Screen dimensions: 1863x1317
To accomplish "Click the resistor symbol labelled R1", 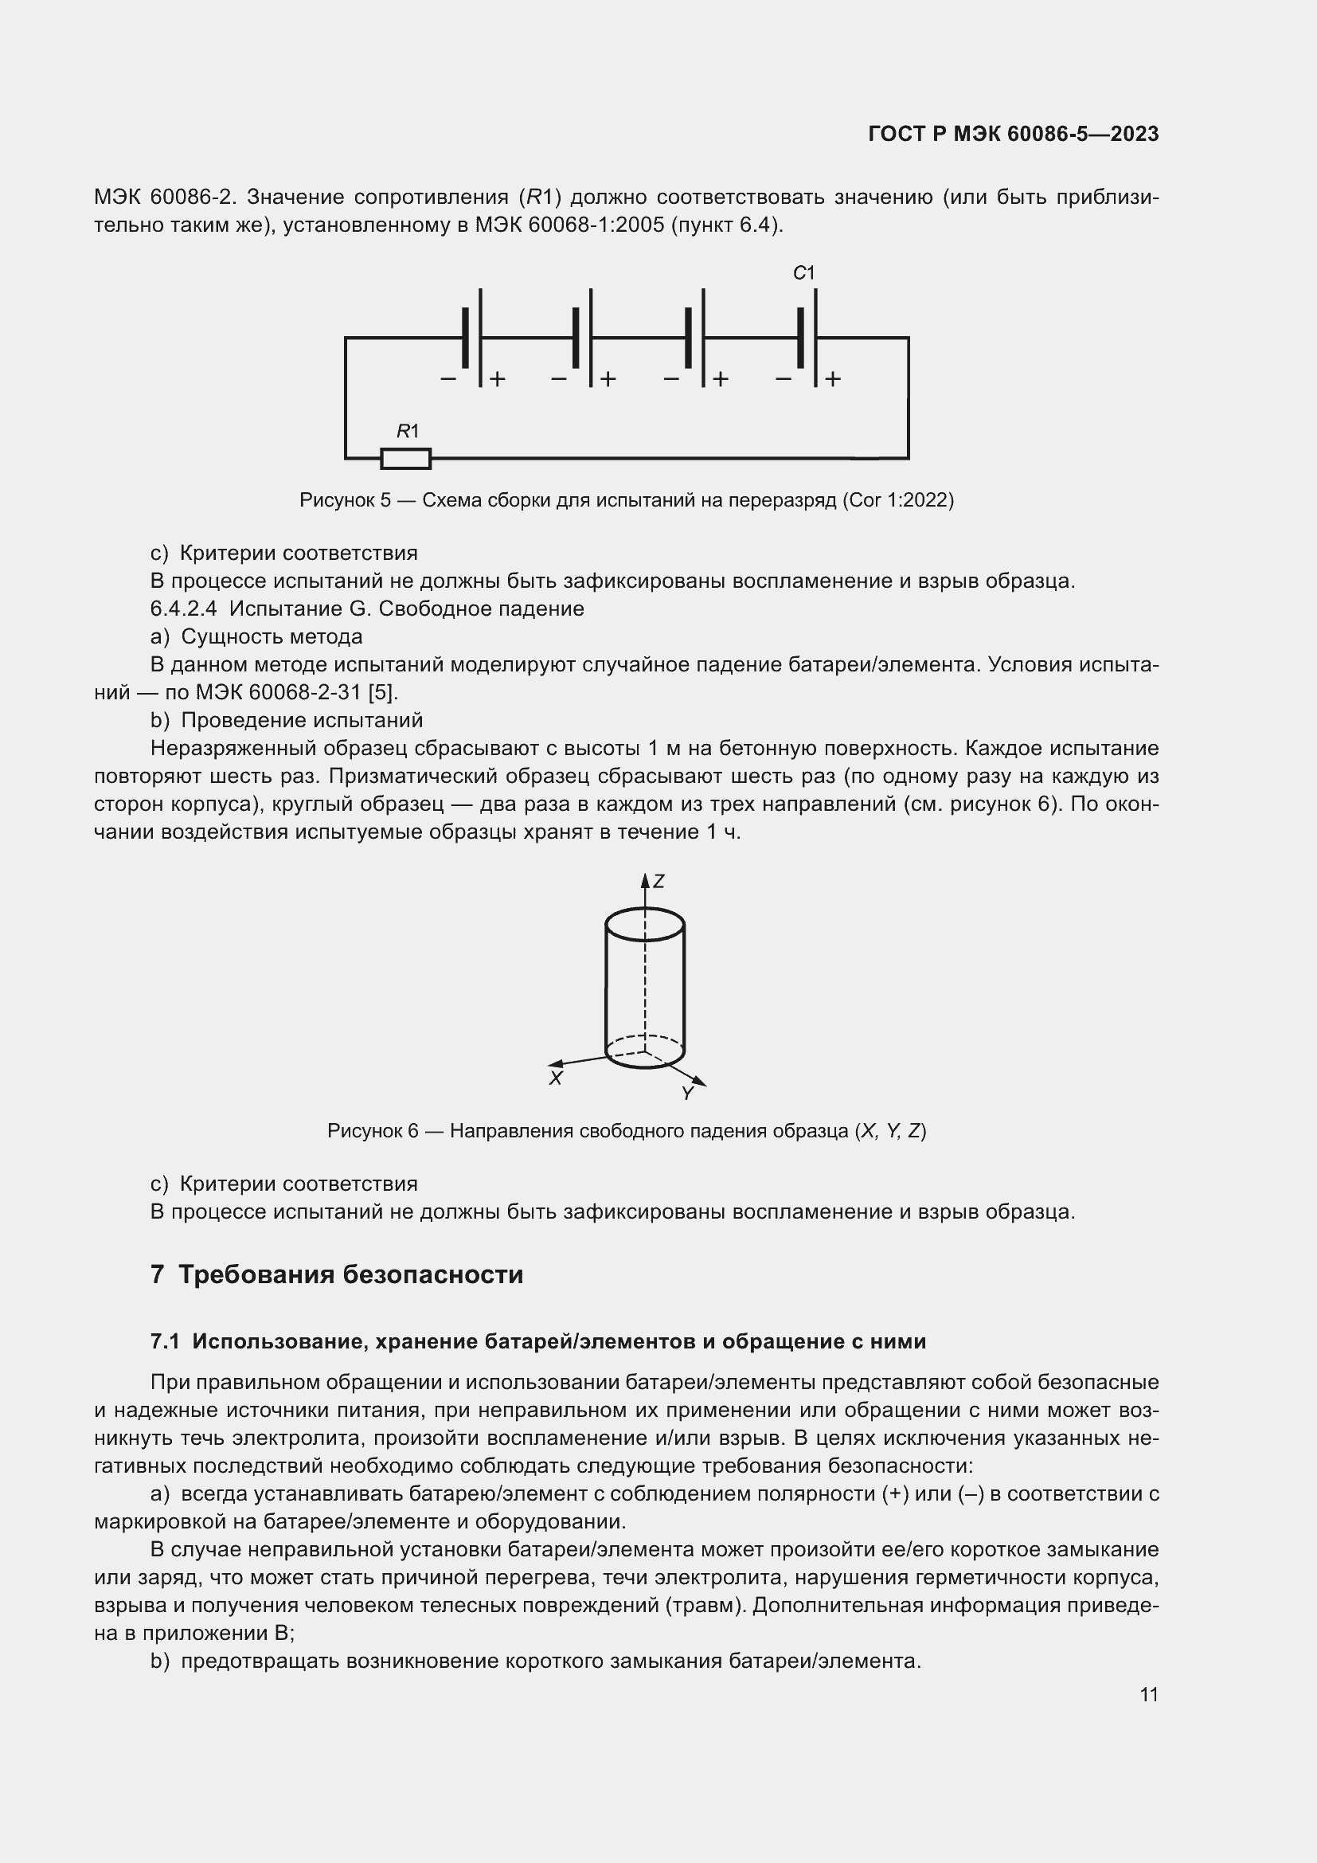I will click(x=405, y=459).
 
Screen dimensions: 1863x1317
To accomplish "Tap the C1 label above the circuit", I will click(x=803, y=273).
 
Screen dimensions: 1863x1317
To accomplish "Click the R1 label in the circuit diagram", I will click(x=407, y=432).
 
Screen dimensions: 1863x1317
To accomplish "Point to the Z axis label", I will click(x=658, y=881).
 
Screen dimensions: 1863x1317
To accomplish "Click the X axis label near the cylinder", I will click(x=556, y=1078).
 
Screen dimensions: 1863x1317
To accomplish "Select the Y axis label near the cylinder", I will click(x=688, y=1094).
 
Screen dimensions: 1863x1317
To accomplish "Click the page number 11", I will click(x=1148, y=1695).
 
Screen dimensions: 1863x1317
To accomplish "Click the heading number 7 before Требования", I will click(x=158, y=1274).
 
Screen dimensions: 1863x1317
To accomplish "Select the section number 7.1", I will click(x=165, y=1342).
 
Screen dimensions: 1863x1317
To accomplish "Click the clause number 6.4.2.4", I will click(x=183, y=609).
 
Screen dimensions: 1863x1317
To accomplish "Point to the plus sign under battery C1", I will click(x=833, y=379).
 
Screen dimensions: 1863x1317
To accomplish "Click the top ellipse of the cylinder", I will click(x=645, y=924).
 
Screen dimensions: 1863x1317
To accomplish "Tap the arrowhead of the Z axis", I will click(x=645, y=879).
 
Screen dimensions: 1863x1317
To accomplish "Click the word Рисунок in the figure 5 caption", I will click(x=336, y=500).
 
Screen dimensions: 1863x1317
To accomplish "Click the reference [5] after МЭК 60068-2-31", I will click(x=382, y=692).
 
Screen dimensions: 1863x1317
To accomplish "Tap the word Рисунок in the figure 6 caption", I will click(x=363, y=1131).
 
